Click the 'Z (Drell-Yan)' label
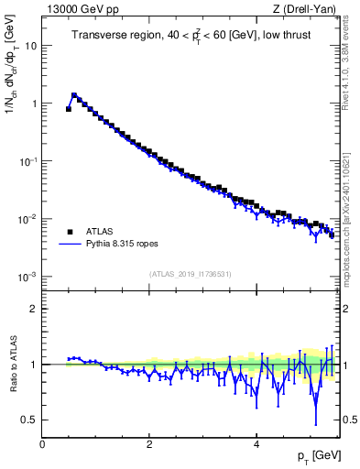click(306, 11)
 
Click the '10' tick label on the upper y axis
click(31, 45)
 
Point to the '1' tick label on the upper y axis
click(34, 103)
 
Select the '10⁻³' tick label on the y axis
click(28, 276)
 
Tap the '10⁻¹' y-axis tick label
click(28, 160)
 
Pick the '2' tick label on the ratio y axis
click(34, 309)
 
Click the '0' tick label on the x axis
click(42, 443)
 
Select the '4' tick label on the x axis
click(256, 443)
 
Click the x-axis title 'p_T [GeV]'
click(314, 456)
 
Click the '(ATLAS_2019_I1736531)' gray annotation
click(190, 274)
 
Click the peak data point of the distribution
click(74, 94)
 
